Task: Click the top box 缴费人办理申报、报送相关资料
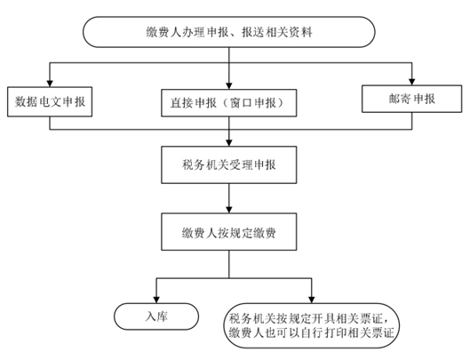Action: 229,32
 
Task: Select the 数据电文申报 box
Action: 50,101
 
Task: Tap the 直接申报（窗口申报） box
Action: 229,103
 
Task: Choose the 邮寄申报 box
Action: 412,99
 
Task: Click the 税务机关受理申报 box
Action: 229,164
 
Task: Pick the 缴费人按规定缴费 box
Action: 229,232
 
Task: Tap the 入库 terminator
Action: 156,316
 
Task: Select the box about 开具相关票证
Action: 312,325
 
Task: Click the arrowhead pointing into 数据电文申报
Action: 50,84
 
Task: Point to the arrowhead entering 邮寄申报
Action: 412,82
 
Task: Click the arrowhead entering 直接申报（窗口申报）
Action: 229,86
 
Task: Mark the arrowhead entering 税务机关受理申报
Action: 229,143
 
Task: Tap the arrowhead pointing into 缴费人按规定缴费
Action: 229,210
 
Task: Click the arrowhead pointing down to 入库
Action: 156,300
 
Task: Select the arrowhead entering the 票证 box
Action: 312,300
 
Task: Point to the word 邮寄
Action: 400,99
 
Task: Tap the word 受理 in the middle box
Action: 241,164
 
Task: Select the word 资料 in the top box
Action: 300,32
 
